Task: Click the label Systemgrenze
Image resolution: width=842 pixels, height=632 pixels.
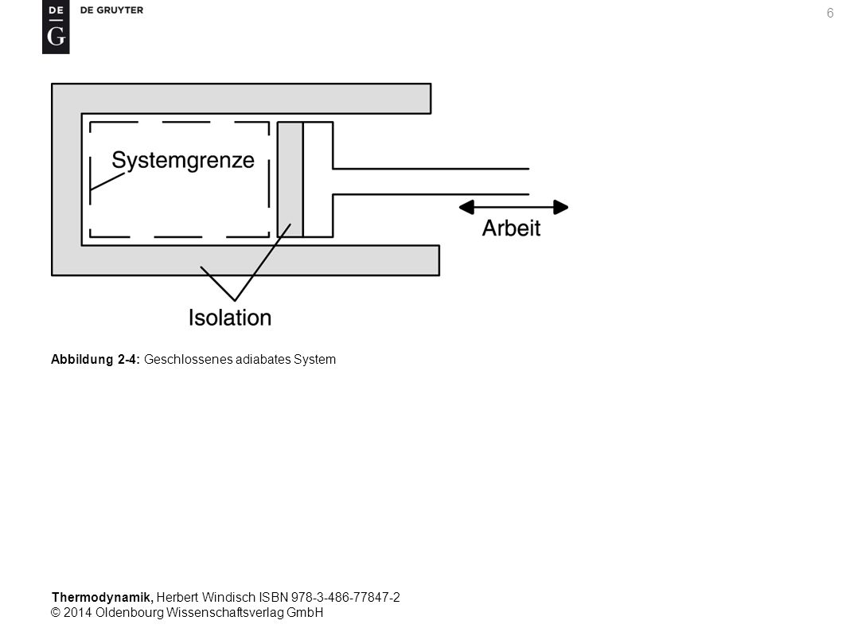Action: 182,161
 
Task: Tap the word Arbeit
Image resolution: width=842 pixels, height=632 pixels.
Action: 511,228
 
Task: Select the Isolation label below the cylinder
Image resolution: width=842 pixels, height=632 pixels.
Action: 230,318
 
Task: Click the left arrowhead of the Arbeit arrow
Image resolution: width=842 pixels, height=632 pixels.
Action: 466,207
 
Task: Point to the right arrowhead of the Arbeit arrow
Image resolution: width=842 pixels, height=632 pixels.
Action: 560,207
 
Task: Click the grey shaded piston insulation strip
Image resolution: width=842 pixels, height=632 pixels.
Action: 290,179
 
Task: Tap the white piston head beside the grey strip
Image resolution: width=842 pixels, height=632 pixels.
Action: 318,179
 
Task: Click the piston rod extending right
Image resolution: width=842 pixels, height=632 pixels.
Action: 431,181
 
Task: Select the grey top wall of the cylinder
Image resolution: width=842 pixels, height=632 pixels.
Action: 255,99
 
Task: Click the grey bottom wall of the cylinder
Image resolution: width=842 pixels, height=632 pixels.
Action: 260,260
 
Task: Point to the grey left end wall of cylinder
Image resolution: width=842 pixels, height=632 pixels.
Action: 67,179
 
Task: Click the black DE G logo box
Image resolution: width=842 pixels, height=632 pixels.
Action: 56,27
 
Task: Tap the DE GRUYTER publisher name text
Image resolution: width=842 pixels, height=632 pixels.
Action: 111,10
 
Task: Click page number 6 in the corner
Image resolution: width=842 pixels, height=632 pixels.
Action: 829,14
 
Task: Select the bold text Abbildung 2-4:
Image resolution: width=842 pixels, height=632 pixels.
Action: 96,359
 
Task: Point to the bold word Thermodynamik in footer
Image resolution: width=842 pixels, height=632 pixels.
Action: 103,597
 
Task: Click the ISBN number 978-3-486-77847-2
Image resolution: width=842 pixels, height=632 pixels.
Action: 345,597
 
